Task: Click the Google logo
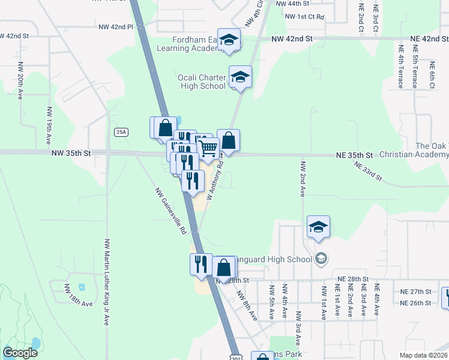point(20,353)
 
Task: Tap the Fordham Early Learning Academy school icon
point(229,41)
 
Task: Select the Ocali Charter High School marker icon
point(240,77)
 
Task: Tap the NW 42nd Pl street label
point(115,27)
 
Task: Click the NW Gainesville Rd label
point(171,211)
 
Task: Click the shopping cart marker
point(208,148)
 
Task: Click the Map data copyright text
point(424,355)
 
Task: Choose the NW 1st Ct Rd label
point(304,16)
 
